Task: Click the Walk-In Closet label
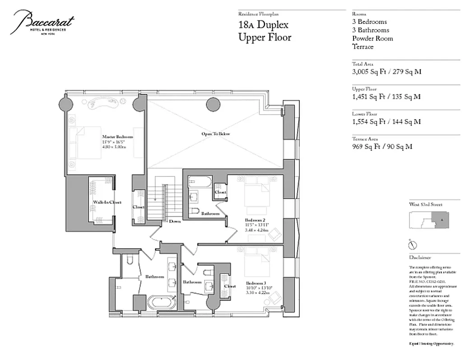(x=107, y=203)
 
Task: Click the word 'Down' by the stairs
(x=175, y=221)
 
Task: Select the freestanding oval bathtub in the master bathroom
(x=161, y=301)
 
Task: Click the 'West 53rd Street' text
(x=425, y=204)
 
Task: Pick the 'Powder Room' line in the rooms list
(x=372, y=38)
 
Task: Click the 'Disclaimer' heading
(x=420, y=258)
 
